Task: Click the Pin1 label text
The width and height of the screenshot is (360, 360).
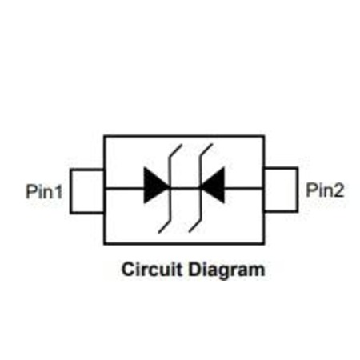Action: pyautogui.click(x=44, y=191)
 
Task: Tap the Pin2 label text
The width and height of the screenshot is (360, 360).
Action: pyautogui.click(x=325, y=190)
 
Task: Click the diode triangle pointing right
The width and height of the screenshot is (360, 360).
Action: pyautogui.click(x=156, y=185)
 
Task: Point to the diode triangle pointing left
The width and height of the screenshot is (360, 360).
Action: pyautogui.click(x=213, y=185)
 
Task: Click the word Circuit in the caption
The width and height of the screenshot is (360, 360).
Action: pyautogui.click(x=152, y=269)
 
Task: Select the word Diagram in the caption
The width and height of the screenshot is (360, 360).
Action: pyautogui.click(x=226, y=270)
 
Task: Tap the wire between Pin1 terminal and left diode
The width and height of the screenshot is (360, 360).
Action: pyautogui.click(x=125, y=189)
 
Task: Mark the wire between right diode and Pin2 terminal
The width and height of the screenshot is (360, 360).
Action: pyautogui.click(x=244, y=189)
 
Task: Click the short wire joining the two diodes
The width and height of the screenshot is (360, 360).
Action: pyautogui.click(x=185, y=189)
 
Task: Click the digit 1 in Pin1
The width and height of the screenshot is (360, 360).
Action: pyautogui.click(x=59, y=191)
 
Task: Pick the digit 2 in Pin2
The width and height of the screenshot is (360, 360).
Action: pyautogui.click(x=339, y=190)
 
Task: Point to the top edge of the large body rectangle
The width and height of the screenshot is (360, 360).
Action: pyautogui.click(x=184, y=136)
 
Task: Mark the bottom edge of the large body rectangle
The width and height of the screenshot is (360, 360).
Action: pyautogui.click(x=184, y=243)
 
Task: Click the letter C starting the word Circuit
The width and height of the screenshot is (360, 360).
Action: pyautogui.click(x=128, y=270)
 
